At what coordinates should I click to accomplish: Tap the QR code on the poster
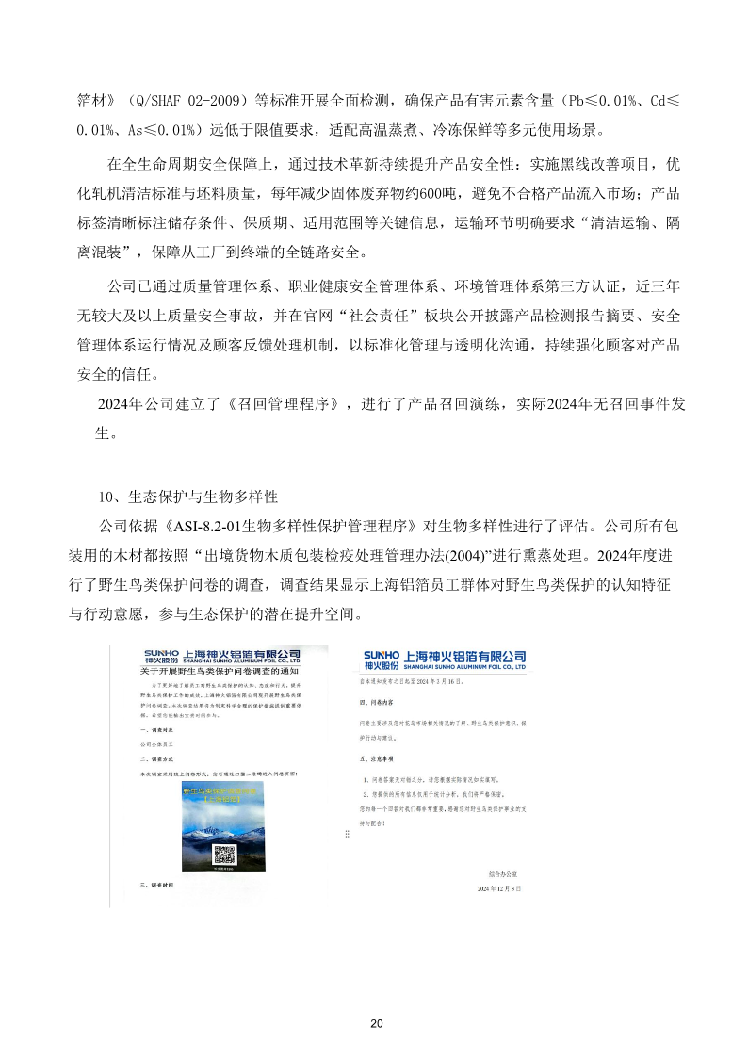click(224, 855)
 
